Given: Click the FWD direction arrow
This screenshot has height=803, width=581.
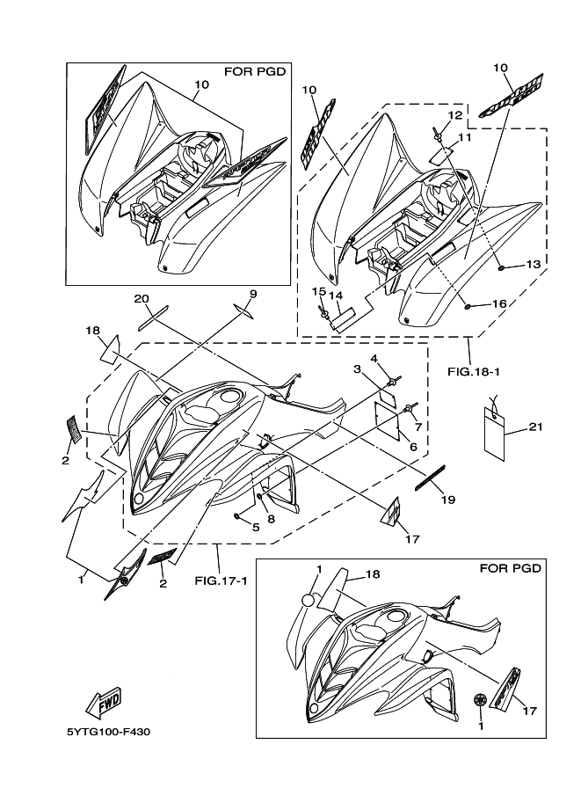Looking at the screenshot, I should (103, 702).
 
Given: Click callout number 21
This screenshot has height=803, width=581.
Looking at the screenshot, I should (536, 427).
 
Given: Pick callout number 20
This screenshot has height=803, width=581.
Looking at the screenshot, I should (142, 299).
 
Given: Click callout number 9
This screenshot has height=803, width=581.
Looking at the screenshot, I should (252, 294).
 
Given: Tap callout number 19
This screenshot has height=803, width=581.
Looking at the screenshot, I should (447, 500).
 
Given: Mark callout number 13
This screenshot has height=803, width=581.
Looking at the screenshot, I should (533, 264).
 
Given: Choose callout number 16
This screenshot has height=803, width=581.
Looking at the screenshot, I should (498, 303).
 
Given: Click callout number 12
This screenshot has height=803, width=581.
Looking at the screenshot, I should (454, 115).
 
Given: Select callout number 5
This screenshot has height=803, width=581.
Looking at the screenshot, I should (256, 528).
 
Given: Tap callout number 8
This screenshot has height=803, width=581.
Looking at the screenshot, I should (271, 519).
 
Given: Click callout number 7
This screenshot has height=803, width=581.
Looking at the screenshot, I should (418, 427).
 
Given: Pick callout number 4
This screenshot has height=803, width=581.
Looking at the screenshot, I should (374, 358).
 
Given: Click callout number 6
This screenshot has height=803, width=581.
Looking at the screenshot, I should (413, 447).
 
